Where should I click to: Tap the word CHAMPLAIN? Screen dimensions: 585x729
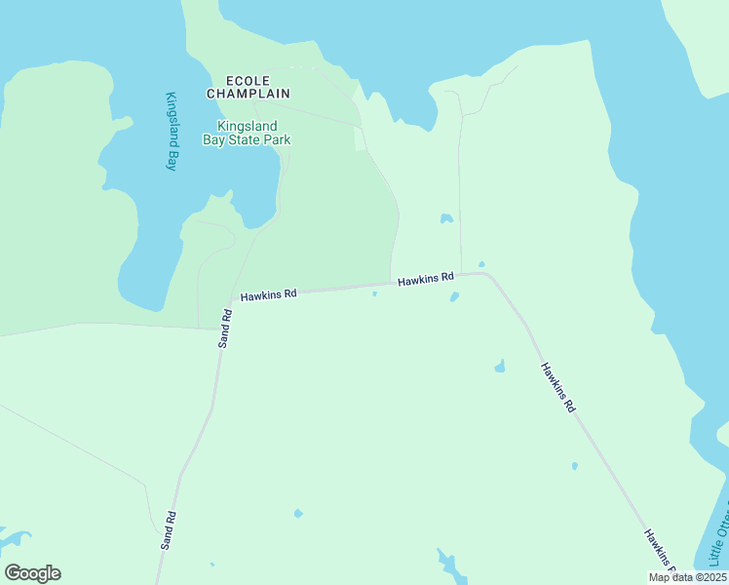[x=248, y=94]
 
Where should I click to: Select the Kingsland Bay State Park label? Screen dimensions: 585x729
[x=247, y=133]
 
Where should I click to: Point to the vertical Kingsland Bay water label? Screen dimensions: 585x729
[x=171, y=132]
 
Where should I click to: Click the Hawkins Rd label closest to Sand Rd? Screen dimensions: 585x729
[x=268, y=293]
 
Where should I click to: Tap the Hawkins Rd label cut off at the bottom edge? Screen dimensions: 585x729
[x=660, y=551]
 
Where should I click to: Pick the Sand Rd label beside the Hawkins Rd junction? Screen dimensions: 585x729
[x=224, y=329]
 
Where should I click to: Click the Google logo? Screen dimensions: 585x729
[x=32, y=573]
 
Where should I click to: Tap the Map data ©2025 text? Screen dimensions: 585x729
[x=686, y=577]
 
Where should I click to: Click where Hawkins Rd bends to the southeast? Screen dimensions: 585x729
[x=487, y=275]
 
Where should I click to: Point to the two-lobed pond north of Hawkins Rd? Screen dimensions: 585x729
[x=446, y=218]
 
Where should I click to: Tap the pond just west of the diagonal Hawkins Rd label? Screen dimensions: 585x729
[x=500, y=367]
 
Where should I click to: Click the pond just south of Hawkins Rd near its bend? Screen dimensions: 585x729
[x=454, y=296]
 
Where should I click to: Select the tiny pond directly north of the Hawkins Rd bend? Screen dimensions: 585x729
[x=481, y=263]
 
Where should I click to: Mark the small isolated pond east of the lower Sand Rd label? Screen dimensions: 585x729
[x=298, y=513]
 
